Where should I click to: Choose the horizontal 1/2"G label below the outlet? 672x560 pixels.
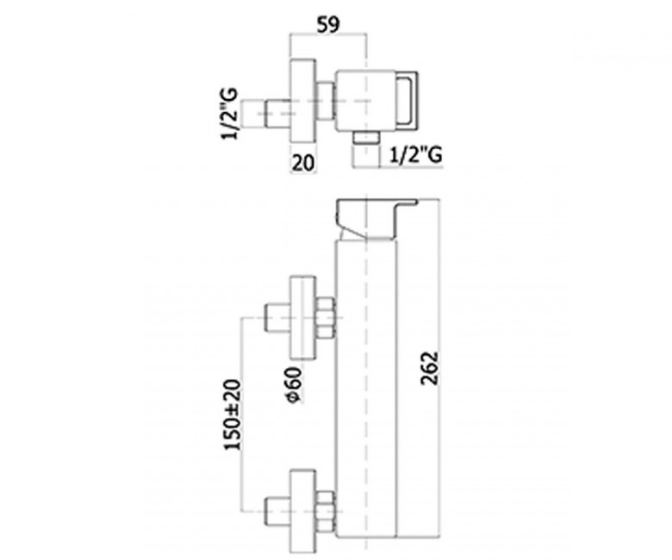click(417, 155)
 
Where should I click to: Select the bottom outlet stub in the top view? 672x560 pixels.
click(368, 139)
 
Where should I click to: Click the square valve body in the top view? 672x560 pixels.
click(363, 100)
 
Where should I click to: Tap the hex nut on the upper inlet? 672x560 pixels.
click(326, 318)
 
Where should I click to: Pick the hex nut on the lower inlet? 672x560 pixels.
click(326, 509)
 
